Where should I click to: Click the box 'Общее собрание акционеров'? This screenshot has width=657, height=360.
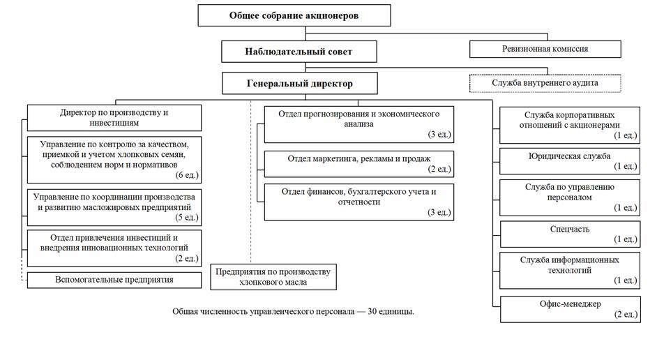[x=294, y=15]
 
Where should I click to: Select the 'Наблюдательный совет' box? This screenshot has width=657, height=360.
[x=299, y=52]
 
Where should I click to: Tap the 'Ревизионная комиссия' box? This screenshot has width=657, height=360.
[x=545, y=49]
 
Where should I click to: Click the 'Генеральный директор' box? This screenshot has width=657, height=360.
[x=300, y=84]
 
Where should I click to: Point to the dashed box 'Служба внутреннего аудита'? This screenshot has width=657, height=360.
[x=545, y=83]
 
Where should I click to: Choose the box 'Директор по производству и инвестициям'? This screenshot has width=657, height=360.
[x=114, y=118]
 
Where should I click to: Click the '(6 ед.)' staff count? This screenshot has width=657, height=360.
[x=187, y=175]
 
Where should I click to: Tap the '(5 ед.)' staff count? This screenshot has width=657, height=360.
[x=187, y=218]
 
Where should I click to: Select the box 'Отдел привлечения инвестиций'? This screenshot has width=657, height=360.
[x=114, y=248]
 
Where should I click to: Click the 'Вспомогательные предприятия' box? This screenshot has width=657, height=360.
[x=114, y=280]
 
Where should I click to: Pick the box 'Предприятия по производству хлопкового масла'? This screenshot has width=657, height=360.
[x=273, y=276]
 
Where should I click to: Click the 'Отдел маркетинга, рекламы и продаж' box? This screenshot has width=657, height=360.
[x=359, y=164]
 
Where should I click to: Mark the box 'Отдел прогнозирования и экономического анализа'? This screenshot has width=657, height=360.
[x=359, y=124]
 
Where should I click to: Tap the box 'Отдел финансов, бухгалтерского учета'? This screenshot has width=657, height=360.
[x=359, y=202]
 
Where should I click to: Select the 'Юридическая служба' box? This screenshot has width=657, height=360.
[x=570, y=161]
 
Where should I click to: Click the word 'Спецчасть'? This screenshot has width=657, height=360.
[x=570, y=230]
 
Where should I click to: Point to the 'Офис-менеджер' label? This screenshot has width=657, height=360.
[x=571, y=304]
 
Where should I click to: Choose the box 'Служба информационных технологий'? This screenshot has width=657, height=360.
[x=570, y=270]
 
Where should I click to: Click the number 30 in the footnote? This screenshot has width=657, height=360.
[x=372, y=312]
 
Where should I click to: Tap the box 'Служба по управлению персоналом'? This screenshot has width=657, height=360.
[x=570, y=198]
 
